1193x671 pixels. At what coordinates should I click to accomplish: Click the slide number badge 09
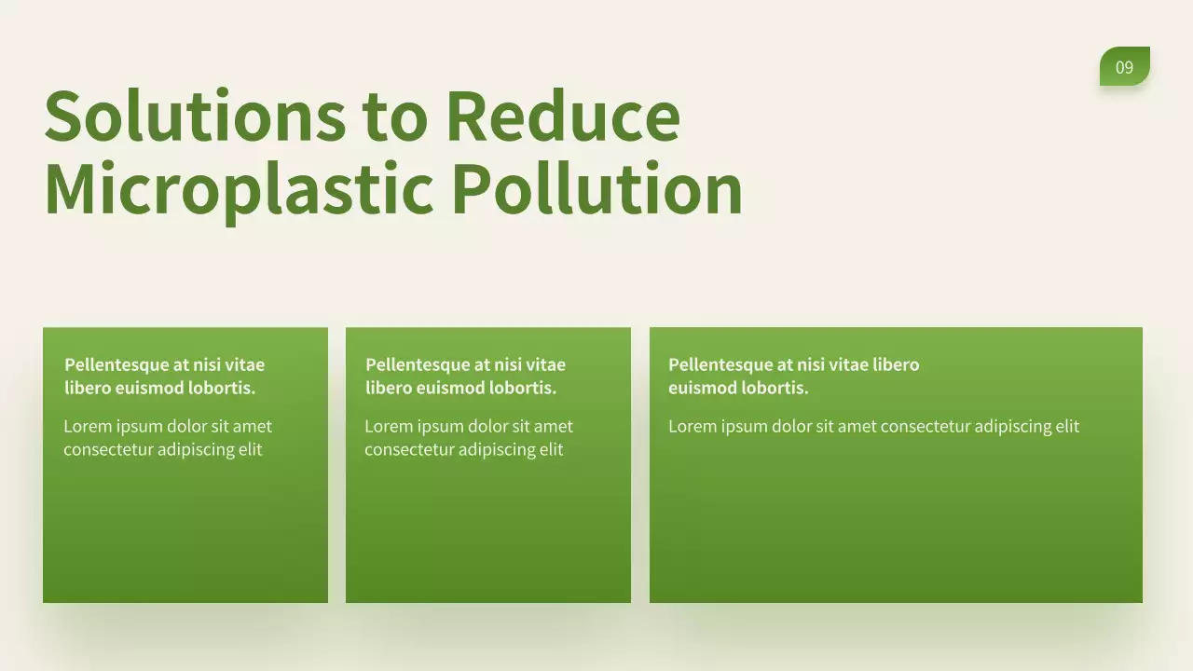[x=1124, y=67]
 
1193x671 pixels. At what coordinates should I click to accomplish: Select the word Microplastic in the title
[x=239, y=188]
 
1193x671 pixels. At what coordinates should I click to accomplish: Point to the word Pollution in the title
[x=596, y=188]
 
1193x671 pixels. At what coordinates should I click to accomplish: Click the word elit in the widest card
[x=1066, y=427]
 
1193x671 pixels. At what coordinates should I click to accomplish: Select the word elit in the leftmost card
[x=250, y=450]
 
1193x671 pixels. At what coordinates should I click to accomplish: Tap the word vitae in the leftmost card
[x=244, y=365]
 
